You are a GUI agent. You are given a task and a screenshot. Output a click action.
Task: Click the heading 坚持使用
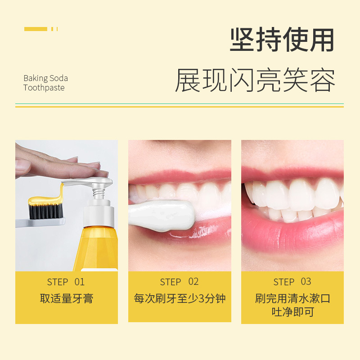click(x=282, y=40)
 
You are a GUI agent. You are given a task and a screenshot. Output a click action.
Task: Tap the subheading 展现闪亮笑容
click(x=255, y=80)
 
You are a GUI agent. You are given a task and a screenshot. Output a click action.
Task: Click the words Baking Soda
click(x=46, y=78)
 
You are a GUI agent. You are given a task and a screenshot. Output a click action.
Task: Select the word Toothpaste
click(x=44, y=88)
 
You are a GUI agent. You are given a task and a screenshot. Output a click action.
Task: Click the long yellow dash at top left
click(x=36, y=29)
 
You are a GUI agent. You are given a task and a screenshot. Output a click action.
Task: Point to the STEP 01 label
click(x=66, y=282)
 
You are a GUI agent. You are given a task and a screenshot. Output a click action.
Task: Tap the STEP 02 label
click(x=179, y=282)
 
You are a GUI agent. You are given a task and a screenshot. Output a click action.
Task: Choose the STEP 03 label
click(x=292, y=282)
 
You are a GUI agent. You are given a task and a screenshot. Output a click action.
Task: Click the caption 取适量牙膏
click(x=67, y=298)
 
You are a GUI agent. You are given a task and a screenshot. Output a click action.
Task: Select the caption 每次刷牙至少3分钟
click(x=180, y=298)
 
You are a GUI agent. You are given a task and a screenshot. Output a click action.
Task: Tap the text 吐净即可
click(x=293, y=312)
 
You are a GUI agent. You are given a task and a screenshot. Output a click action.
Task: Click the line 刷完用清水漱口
click(x=292, y=298)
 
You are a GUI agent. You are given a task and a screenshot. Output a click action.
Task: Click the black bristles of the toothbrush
click(x=46, y=211)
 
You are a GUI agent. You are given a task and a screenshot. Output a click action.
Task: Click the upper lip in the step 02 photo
click(x=180, y=177)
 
